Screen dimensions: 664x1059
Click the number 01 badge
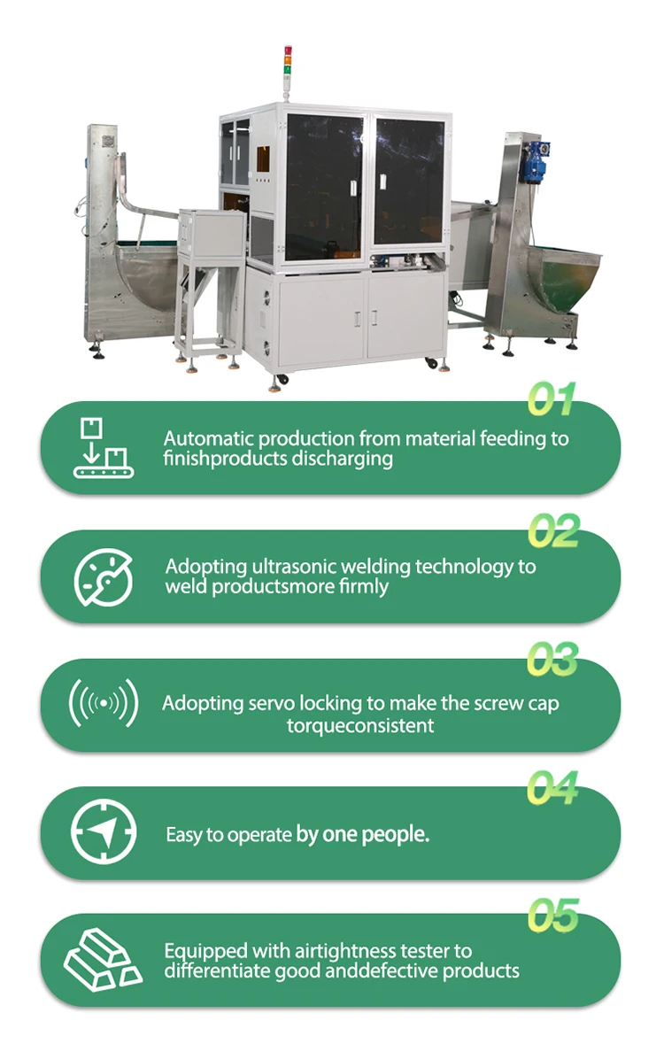point(552,399)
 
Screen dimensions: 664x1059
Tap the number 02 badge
point(553,530)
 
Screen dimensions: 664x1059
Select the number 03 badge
point(552,659)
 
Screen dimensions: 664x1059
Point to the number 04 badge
point(552,787)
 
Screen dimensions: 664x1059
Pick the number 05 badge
point(553,916)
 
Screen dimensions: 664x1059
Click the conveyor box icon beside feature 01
point(104,448)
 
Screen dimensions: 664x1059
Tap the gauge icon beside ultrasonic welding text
point(104,577)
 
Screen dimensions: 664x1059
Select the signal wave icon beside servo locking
point(104,703)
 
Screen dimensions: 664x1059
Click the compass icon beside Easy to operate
point(104,831)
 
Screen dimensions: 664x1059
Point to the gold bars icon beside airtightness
point(103,960)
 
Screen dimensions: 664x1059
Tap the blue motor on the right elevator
point(537,161)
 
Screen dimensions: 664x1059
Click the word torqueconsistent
point(360,726)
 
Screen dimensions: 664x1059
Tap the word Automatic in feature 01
point(208,438)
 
